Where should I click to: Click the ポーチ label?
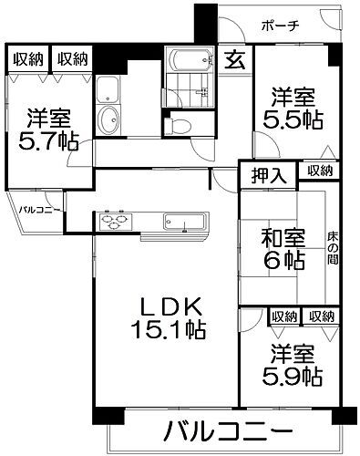(278, 26)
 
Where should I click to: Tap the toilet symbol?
(180, 124)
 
